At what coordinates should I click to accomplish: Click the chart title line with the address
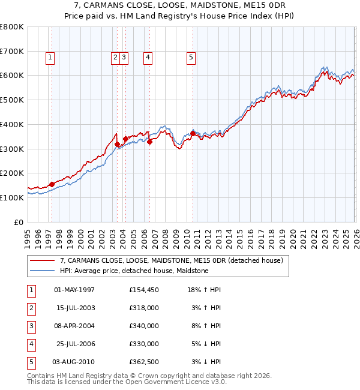[x=180, y=5]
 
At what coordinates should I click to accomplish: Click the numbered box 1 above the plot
[x=49, y=58]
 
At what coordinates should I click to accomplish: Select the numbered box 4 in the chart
[x=147, y=58]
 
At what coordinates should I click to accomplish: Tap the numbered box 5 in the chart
[x=191, y=58]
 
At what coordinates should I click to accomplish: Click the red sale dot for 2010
[x=193, y=133]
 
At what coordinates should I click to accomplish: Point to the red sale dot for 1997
[x=52, y=184]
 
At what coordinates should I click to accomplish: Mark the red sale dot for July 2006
[x=149, y=142]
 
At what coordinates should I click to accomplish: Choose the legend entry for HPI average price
[x=134, y=271]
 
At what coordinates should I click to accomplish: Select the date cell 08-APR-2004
[x=74, y=326]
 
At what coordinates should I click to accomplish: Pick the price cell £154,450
[x=143, y=290]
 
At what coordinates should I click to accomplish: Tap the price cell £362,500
[x=143, y=362]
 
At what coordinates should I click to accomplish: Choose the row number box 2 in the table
[x=30, y=308]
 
